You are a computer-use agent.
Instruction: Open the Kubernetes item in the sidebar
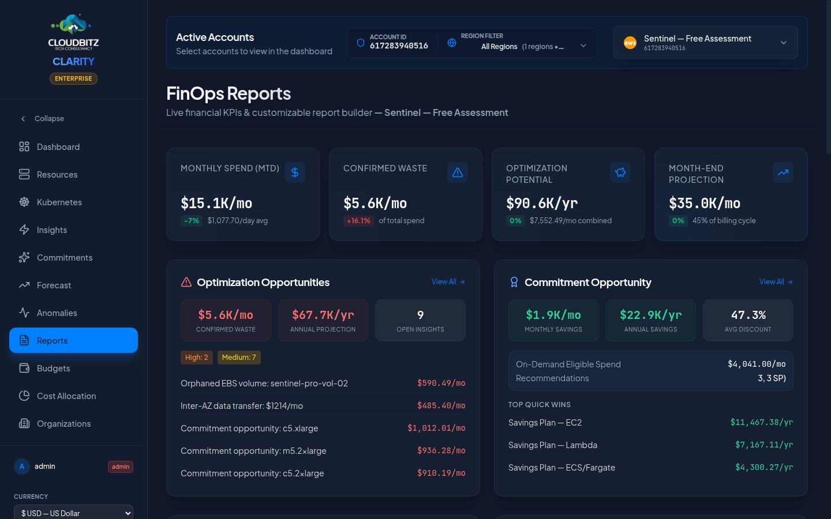(50, 202)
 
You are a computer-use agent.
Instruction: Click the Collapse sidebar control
(42, 119)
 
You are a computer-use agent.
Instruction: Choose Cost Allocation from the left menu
(58, 396)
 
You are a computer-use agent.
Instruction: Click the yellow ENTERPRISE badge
(73, 78)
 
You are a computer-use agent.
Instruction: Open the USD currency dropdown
(73, 513)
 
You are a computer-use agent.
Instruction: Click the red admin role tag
(121, 467)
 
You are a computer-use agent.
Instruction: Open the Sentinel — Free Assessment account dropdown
(706, 43)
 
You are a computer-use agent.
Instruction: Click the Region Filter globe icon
(451, 43)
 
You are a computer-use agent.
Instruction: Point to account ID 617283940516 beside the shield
(399, 46)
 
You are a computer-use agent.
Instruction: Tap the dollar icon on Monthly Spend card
(295, 172)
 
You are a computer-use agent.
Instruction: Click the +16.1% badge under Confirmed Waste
(358, 220)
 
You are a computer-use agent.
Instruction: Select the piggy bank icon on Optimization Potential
(620, 172)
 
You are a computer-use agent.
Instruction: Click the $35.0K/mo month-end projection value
(705, 203)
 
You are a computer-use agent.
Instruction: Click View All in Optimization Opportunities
(448, 282)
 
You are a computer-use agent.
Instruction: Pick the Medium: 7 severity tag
(239, 358)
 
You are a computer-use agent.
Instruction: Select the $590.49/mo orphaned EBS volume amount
(441, 383)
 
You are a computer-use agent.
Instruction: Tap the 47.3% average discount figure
(748, 315)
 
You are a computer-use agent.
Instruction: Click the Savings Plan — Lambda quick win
(553, 445)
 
